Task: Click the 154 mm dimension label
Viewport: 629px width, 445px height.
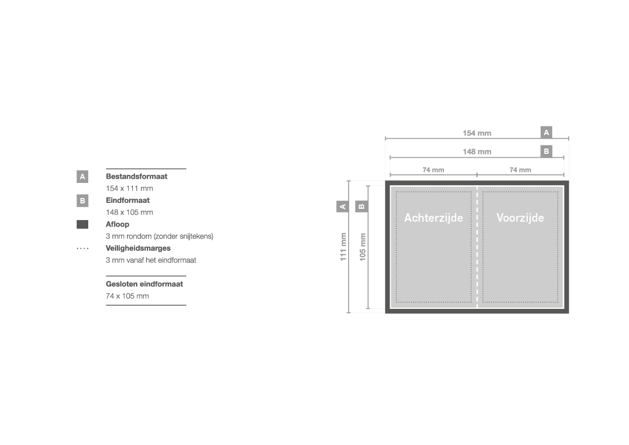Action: tap(477, 133)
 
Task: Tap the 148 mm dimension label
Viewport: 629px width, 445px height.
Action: tap(477, 152)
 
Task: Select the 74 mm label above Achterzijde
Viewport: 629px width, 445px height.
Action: tap(433, 170)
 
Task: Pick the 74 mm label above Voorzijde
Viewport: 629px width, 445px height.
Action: tap(520, 170)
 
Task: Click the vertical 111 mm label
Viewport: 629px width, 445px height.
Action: tap(343, 247)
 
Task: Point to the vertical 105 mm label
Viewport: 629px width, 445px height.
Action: tap(363, 247)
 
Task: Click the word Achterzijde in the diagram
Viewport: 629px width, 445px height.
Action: tap(433, 217)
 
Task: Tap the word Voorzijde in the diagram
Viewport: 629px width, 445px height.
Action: tap(520, 217)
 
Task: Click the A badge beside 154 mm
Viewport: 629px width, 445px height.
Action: tap(546, 132)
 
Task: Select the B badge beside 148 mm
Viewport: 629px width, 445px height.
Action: tap(546, 151)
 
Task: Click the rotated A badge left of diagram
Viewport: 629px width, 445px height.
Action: tap(343, 207)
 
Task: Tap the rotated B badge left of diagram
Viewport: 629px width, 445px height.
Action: tap(362, 207)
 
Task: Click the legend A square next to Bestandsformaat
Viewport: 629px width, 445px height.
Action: tap(82, 176)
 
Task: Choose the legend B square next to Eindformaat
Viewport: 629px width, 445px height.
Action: tap(82, 201)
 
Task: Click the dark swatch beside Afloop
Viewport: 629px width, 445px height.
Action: tap(82, 224)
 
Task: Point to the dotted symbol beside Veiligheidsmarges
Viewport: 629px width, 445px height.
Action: tap(83, 249)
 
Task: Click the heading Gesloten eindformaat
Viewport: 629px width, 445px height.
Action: tap(144, 284)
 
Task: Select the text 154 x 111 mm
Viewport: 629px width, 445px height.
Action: tap(130, 188)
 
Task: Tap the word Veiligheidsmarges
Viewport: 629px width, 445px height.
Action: tap(138, 249)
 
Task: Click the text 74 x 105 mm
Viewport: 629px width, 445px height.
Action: tap(127, 296)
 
